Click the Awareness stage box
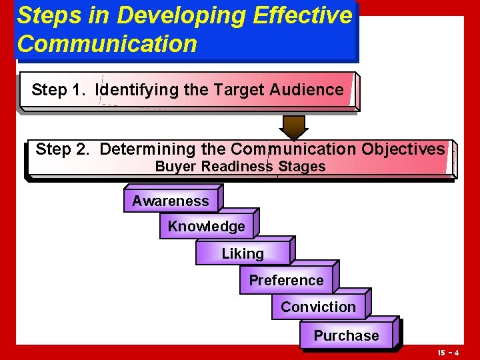pos(171,201)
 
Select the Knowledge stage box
pos(207,227)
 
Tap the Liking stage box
pos(243,253)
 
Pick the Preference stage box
pos(286,281)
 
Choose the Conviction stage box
pos(318,307)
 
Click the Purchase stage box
pos(346,336)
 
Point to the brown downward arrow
pos(293,127)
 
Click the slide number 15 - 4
pos(448,351)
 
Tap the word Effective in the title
pos(302,16)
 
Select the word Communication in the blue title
pos(107,44)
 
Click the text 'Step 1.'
pos(59,90)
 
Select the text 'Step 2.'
pos(63,149)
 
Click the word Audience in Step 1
pos(306,90)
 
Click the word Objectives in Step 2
pos(403,149)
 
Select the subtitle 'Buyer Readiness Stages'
pos(240,167)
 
